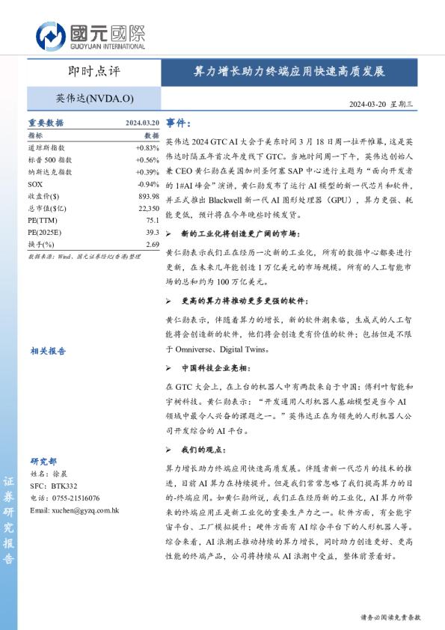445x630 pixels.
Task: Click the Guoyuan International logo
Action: pos(90,34)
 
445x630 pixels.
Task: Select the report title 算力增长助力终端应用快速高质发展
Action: pos(289,73)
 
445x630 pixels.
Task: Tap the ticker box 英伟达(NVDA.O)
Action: pos(94,98)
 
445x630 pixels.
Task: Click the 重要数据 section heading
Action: pos(46,123)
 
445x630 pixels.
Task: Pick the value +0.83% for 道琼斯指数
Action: pos(147,148)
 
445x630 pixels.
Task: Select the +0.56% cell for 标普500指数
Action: pos(147,160)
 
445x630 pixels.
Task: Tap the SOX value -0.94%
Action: pos(149,184)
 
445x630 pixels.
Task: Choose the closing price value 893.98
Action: pos(149,196)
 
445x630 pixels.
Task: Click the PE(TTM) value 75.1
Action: pos(153,220)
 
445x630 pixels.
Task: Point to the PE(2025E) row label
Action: pos(46,232)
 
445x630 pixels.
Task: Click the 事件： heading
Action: pos(179,123)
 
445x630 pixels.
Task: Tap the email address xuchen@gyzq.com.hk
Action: pos(75,510)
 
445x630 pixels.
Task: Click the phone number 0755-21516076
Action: pos(76,498)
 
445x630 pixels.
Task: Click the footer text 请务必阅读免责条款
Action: pos(390,617)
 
